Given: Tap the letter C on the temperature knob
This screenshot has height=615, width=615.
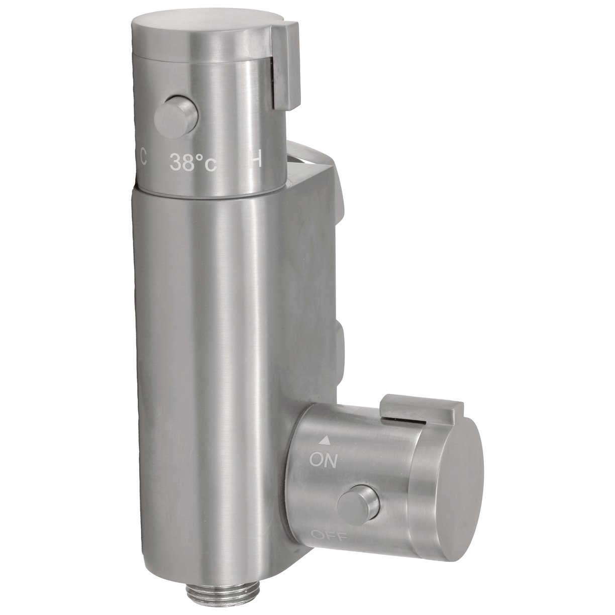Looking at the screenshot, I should click(143, 159).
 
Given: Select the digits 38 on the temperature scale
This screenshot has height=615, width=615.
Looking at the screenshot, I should click(181, 162).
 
